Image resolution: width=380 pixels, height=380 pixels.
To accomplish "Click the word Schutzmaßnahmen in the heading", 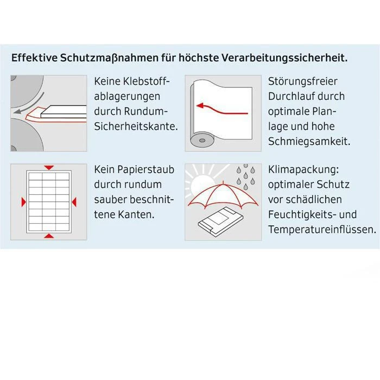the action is click(x=108, y=58).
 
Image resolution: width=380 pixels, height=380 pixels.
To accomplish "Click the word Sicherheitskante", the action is click(x=136, y=126).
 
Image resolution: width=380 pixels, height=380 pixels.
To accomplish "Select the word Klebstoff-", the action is click(x=147, y=81).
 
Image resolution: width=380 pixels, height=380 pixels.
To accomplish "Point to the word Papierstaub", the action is click(x=146, y=169).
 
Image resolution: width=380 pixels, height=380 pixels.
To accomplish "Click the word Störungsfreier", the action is click(x=303, y=81).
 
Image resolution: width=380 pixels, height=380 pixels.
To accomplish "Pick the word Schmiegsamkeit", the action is click(x=309, y=141).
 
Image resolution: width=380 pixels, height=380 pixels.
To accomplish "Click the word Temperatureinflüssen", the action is click(x=322, y=229).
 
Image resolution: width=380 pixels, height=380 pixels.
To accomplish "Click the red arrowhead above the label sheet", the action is click(x=49, y=168).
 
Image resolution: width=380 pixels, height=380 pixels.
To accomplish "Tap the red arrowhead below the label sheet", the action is click(x=49, y=236).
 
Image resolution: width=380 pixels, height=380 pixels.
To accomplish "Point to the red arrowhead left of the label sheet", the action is click(x=23, y=202).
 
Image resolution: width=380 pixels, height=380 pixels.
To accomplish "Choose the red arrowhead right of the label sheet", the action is click(x=74, y=202).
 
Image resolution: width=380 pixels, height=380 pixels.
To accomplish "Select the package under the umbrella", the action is click(x=221, y=221).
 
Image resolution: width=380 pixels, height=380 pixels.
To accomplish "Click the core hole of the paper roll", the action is click(x=202, y=141).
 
